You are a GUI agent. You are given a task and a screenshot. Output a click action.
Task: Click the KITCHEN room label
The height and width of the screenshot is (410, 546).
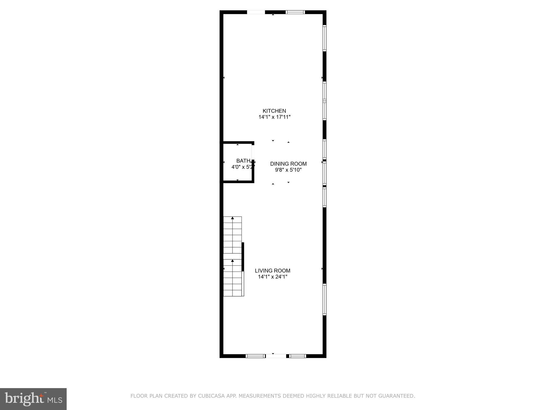coord(274,111)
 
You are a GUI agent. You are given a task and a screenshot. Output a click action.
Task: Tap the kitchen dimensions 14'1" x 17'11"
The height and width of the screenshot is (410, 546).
coord(274,117)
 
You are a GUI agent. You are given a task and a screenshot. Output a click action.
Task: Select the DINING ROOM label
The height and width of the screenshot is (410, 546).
coord(288,164)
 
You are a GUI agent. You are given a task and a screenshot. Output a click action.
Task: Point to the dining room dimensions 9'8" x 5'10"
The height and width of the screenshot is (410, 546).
coord(288,170)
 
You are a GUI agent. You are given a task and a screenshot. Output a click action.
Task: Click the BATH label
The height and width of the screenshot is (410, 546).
coord(243,161)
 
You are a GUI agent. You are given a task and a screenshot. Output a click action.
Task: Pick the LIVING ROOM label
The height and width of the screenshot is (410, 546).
coord(272,270)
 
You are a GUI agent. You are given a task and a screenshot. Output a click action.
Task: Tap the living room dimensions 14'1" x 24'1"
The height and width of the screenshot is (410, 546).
coord(272,277)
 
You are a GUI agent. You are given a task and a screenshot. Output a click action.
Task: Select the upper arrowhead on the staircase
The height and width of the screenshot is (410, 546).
coord(232,218)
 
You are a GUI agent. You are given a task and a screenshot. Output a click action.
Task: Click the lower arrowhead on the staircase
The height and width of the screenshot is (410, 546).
coord(232,261)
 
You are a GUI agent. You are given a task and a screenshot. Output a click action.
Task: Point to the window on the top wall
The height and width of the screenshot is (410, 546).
coord(295,12)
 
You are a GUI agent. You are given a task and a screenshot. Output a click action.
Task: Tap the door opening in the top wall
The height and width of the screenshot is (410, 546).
coord(256,12)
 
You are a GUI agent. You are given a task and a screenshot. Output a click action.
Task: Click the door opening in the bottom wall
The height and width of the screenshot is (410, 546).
coord(276,356)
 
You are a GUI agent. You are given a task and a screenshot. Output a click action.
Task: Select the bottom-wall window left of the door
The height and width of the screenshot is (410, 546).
coord(255,356)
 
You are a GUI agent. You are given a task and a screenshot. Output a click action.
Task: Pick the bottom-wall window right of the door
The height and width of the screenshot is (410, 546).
coord(298,356)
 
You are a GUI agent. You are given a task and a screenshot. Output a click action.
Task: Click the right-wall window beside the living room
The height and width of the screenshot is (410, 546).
coord(324,299)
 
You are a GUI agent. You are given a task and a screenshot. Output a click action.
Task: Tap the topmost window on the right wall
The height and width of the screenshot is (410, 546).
coord(324,38)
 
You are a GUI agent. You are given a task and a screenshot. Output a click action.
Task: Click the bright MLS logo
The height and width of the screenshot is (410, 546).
coord(33,399)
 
